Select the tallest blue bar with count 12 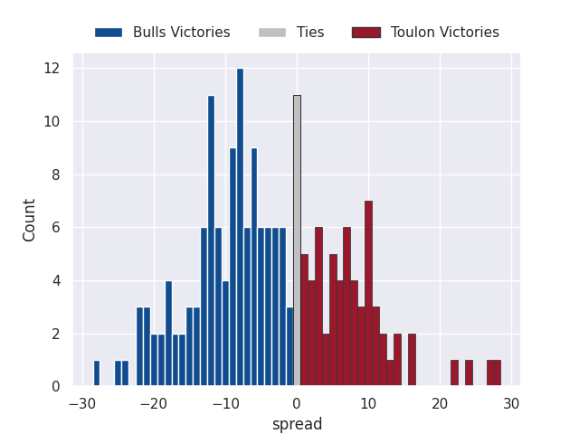coord(240,227)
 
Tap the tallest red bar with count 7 coord(368,293)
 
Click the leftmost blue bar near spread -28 coord(97,373)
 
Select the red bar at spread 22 coord(454,373)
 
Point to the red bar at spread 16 coord(412,360)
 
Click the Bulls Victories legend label coord(181,33)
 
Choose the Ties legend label coord(310,33)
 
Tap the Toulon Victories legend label coord(444,33)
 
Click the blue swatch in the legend coord(109,33)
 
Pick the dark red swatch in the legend coord(365,33)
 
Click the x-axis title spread coord(297,424)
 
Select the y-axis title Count coord(30,220)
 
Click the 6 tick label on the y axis coord(55,228)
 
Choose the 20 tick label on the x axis coord(441,403)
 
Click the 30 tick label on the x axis coord(512,403)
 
